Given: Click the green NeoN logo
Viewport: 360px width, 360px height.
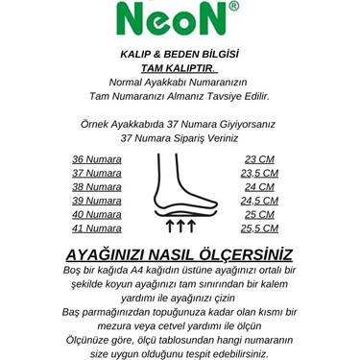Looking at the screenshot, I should coord(176,16).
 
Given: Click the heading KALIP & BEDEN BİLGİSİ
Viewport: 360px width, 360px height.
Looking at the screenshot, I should coord(180,56).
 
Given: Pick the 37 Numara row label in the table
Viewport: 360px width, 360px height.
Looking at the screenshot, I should coord(96,173).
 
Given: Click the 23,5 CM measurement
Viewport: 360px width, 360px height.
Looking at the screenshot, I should coord(261,173).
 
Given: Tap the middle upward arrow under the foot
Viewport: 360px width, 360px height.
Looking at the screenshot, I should coord(180,227).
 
